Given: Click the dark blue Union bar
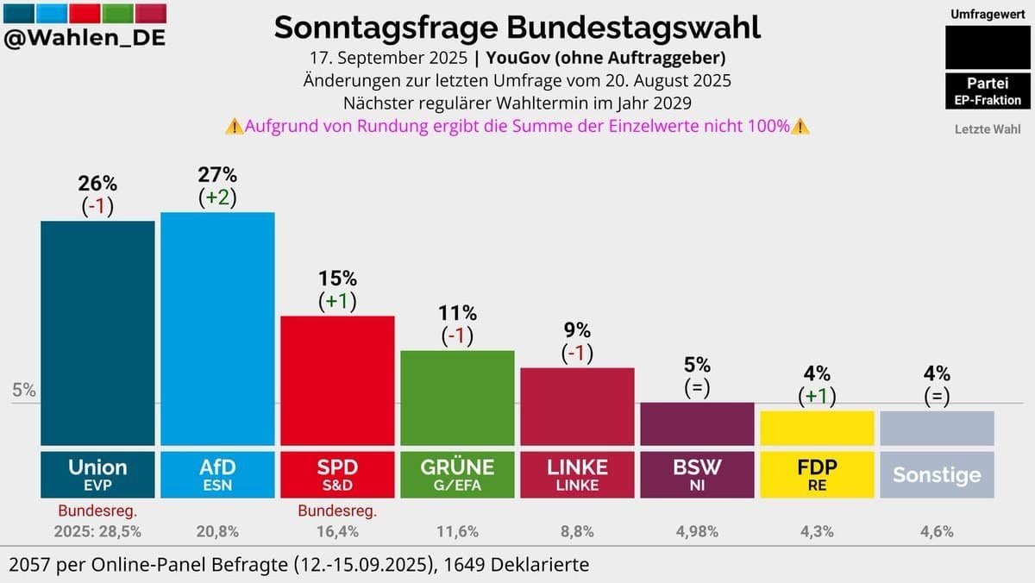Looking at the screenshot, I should coord(97,332).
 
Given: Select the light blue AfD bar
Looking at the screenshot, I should coord(217,328).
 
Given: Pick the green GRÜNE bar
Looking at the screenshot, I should coord(457,397).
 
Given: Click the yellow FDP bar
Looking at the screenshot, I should coord(817,427).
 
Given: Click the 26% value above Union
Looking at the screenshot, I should coord(97,184).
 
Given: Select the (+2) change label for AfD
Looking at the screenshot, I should coord(217,197).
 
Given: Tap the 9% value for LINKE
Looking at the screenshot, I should coord(577,330).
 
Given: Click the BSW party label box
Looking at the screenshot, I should coord(697,474).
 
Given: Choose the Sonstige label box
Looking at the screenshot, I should coord(937,474).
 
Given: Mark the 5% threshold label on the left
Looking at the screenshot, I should coord(24,390).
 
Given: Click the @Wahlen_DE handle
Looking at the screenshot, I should coord(85,39).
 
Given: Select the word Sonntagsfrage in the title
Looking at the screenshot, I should coord(386,28).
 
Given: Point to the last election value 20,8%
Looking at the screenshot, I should coord(217,532).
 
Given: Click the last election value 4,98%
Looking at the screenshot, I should coord(697,532).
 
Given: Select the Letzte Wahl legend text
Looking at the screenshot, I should coord(987,129).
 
